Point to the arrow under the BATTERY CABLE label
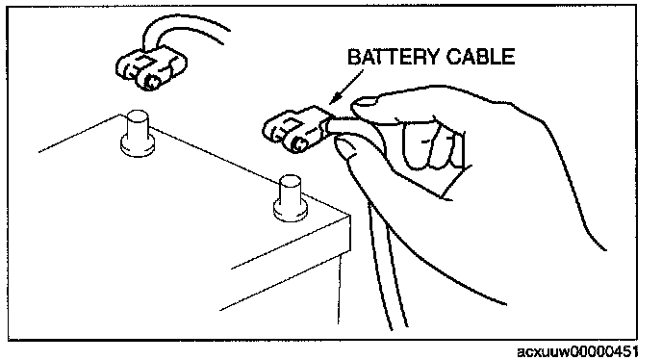(x=345, y=87)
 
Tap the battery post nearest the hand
(x=290, y=197)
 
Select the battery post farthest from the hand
(x=138, y=134)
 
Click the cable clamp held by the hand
(x=294, y=129)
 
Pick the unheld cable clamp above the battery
(x=151, y=69)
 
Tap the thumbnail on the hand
(x=366, y=101)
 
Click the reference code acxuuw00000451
(x=577, y=351)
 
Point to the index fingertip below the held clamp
(x=346, y=149)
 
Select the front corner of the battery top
(x=349, y=216)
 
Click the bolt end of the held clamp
(x=298, y=143)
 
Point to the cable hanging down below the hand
(x=386, y=267)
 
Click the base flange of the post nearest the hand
(x=290, y=210)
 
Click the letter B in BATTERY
(x=354, y=57)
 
